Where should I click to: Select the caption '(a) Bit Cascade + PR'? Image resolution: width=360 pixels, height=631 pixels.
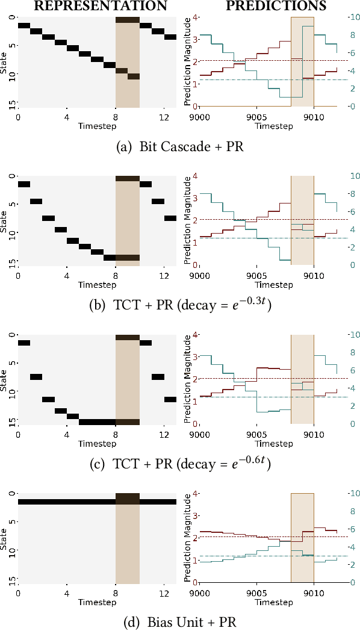[179, 146]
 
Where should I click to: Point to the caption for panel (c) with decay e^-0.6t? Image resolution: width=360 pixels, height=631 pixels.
[179, 464]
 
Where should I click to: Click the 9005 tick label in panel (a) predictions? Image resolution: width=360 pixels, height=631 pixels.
[256, 117]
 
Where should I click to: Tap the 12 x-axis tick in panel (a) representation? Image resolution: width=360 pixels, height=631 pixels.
[164, 117]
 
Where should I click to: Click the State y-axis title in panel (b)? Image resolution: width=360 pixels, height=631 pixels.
[5, 220]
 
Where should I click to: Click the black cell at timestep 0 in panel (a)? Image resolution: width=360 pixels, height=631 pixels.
[24, 26]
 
